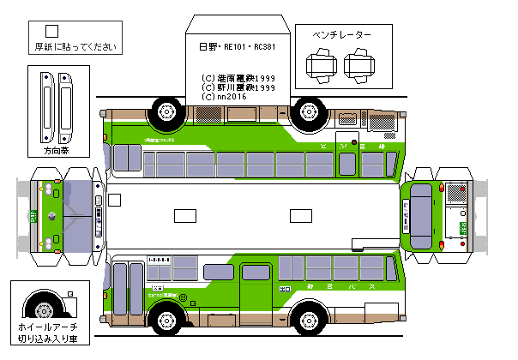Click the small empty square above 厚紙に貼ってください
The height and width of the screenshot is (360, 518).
[x=51, y=32]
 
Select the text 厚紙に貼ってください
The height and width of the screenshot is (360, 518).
[x=74, y=47]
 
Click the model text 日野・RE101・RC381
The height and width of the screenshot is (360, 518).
[x=237, y=48]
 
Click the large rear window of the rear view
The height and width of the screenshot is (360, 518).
[x=424, y=211]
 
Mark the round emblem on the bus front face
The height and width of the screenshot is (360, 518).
[x=52, y=215]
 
